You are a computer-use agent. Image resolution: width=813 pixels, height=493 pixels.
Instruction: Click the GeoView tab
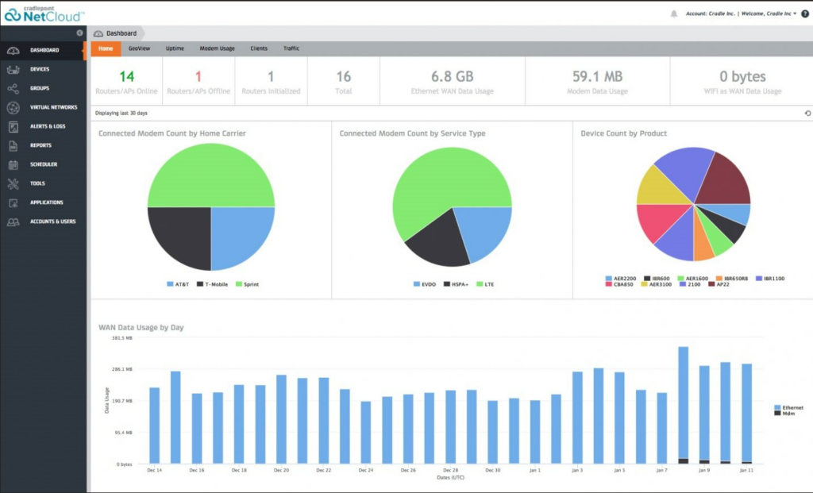pyautogui.click(x=140, y=48)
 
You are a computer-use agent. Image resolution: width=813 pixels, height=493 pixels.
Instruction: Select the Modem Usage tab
pyautogui.click(x=217, y=48)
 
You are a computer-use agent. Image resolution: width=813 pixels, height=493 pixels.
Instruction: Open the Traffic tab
pyautogui.click(x=291, y=48)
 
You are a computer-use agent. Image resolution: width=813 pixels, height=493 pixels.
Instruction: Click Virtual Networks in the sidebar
pyautogui.click(x=53, y=107)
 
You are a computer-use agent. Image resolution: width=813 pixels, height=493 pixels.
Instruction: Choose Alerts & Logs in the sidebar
pyautogui.click(x=48, y=126)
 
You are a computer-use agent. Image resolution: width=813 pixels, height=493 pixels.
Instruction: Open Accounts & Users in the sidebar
pyautogui.click(x=52, y=221)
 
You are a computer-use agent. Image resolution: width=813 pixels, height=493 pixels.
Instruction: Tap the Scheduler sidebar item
pyautogui.click(x=44, y=164)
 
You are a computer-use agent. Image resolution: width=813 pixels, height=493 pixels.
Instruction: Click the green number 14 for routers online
pyautogui.click(x=127, y=77)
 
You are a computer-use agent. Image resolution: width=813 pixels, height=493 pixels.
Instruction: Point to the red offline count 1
pyautogui.click(x=198, y=77)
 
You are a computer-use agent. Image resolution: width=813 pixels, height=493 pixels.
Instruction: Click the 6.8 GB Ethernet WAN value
pyautogui.click(x=452, y=77)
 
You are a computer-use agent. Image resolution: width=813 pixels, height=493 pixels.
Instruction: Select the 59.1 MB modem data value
pyautogui.click(x=597, y=77)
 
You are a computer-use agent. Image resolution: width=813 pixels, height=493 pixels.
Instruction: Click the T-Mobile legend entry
pyautogui.click(x=213, y=283)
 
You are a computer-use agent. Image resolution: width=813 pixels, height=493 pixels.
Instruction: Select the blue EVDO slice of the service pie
pyautogui.click(x=480, y=230)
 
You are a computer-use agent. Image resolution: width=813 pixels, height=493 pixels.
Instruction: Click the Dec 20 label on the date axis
pyautogui.click(x=281, y=471)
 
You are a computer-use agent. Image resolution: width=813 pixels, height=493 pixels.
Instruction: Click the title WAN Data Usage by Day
pyautogui.click(x=141, y=327)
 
